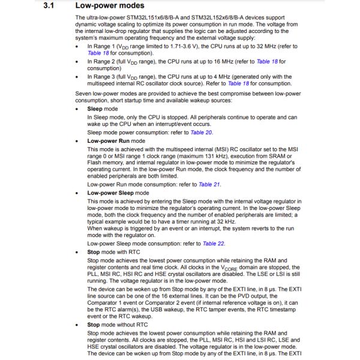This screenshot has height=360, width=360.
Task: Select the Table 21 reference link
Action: point(209,185)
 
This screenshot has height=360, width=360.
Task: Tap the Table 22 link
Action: point(214,244)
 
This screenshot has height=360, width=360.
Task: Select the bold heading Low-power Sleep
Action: point(113,193)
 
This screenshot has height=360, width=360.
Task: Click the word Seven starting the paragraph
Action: point(85,94)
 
